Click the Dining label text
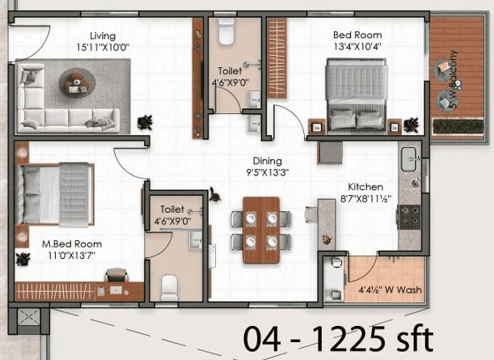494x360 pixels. coord(267,161)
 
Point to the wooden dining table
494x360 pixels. coord(260,229)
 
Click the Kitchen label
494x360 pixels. coord(365,185)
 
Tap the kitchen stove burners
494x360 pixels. coord(410,216)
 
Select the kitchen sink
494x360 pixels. coord(409,156)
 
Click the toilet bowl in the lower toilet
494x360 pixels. coord(169,287)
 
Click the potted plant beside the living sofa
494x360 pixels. coord(145,121)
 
